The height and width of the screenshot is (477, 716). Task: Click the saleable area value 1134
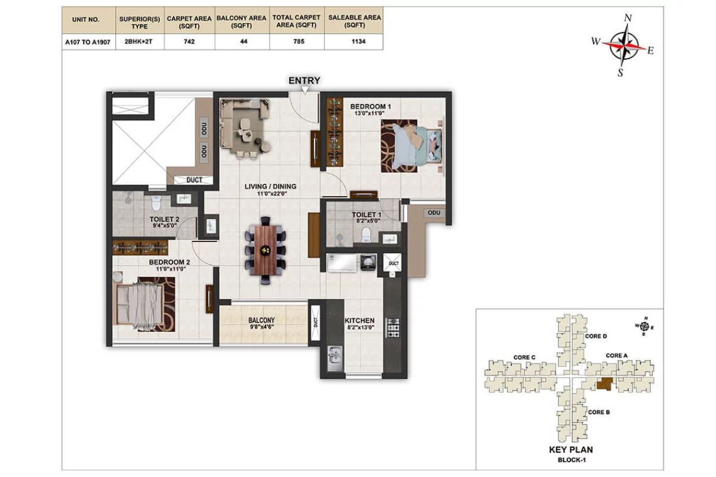(x=359, y=42)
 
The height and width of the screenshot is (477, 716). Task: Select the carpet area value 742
(x=189, y=42)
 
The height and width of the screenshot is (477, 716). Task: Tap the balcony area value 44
(x=243, y=42)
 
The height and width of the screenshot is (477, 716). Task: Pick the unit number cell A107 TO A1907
(x=88, y=42)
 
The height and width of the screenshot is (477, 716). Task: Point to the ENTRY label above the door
(x=304, y=80)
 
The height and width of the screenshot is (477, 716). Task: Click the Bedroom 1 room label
(x=371, y=106)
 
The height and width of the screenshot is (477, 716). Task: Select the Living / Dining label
(x=270, y=186)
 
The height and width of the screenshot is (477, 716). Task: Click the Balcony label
(x=261, y=320)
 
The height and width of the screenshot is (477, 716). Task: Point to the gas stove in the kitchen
(x=393, y=327)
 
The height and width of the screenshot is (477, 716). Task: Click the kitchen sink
(x=335, y=359)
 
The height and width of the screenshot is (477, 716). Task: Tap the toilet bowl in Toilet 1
(x=366, y=235)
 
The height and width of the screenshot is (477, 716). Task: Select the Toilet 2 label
(x=164, y=219)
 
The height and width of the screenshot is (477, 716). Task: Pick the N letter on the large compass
(x=628, y=18)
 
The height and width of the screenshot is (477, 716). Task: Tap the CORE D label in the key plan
(x=596, y=336)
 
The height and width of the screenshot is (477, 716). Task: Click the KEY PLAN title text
(x=571, y=450)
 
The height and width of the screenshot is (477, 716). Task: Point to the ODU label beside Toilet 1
(x=434, y=213)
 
